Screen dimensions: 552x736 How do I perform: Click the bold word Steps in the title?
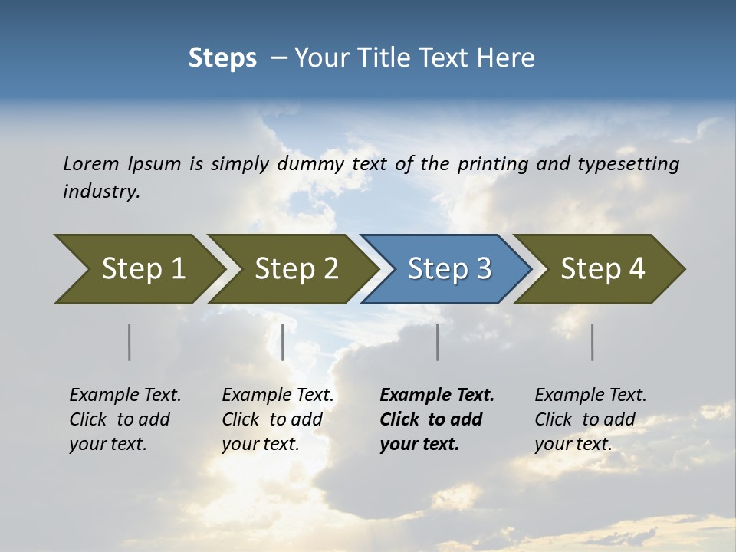pyautogui.click(x=222, y=58)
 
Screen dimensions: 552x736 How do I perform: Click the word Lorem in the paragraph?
pyautogui.click(x=90, y=163)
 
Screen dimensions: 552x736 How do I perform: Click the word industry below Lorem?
pyautogui.click(x=101, y=191)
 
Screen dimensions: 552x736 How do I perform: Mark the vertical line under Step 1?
pyautogui.click(x=129, y=342)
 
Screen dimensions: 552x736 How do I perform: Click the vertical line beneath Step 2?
pyautogui.click(x=283, y=342)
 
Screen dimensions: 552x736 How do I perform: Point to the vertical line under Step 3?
pyautogui.click(x=437, y=342)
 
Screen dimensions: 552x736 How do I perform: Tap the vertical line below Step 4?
pyautogui.click(x=592, y=342)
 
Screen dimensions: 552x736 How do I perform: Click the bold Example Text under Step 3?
pyautogui.click(x=437, y=395)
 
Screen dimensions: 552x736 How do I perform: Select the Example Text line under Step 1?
pyautogui.click(x=125, y=395)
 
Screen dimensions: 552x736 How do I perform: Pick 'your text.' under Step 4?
pyautogui.click(x=573, y=444)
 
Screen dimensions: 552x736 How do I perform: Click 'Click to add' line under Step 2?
pyautogui.click(x=272, y=419)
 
